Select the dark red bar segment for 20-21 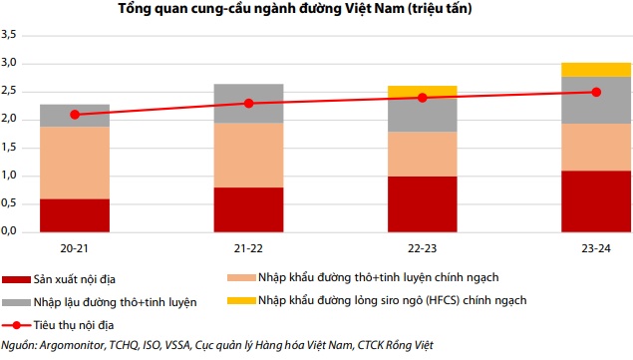click(x=75, y=214)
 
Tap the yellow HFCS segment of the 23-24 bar click(x=595, y=69)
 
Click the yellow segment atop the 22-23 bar click(x=422, y=92)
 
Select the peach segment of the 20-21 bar click(x=75, y=163)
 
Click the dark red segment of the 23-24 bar click(x=595, y=200)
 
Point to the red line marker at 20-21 click(x=75, y=115)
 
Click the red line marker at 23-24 click(x=595, y=92)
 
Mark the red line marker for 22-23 click(x=422, y=98)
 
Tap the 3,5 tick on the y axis click(x=11, y=35)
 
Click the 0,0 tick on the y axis click(x=11, y=231)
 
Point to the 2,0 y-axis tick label click(x=11, y=119)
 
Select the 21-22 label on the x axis click(x=248, y=245)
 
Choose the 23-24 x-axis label click(x=595, y=245)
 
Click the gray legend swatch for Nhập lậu click(x=15, y=302)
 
